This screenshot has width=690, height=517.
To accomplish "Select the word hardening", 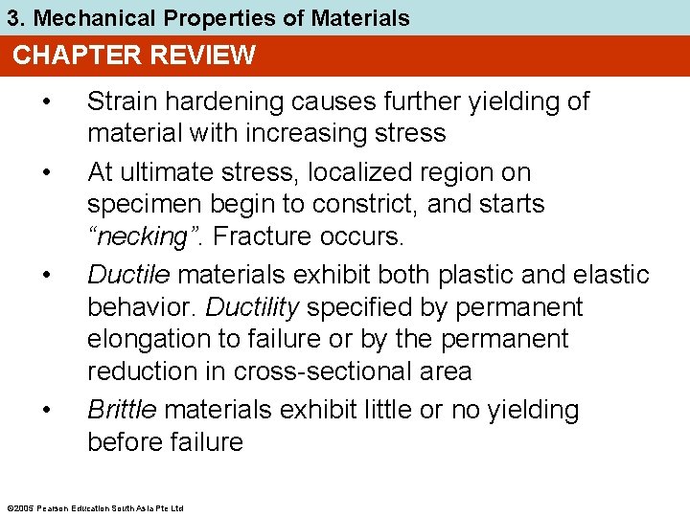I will coord(207,101).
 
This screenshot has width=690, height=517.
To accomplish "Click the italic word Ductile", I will coord(129,275).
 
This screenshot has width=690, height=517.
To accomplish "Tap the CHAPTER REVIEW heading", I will coord(134,56).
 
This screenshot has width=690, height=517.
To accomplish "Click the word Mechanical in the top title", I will coord(87,17).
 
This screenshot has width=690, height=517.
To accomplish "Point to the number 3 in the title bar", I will coord(12,17).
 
